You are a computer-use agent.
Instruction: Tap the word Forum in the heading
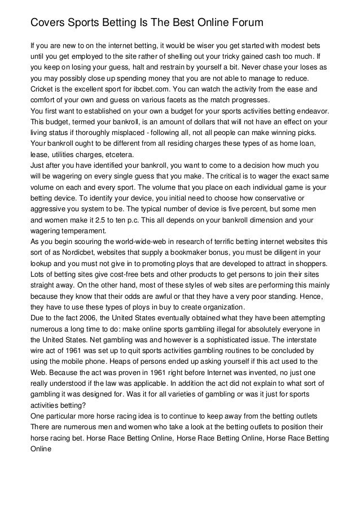[x=243, y=23]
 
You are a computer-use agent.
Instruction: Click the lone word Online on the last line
[x=41, y=448]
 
